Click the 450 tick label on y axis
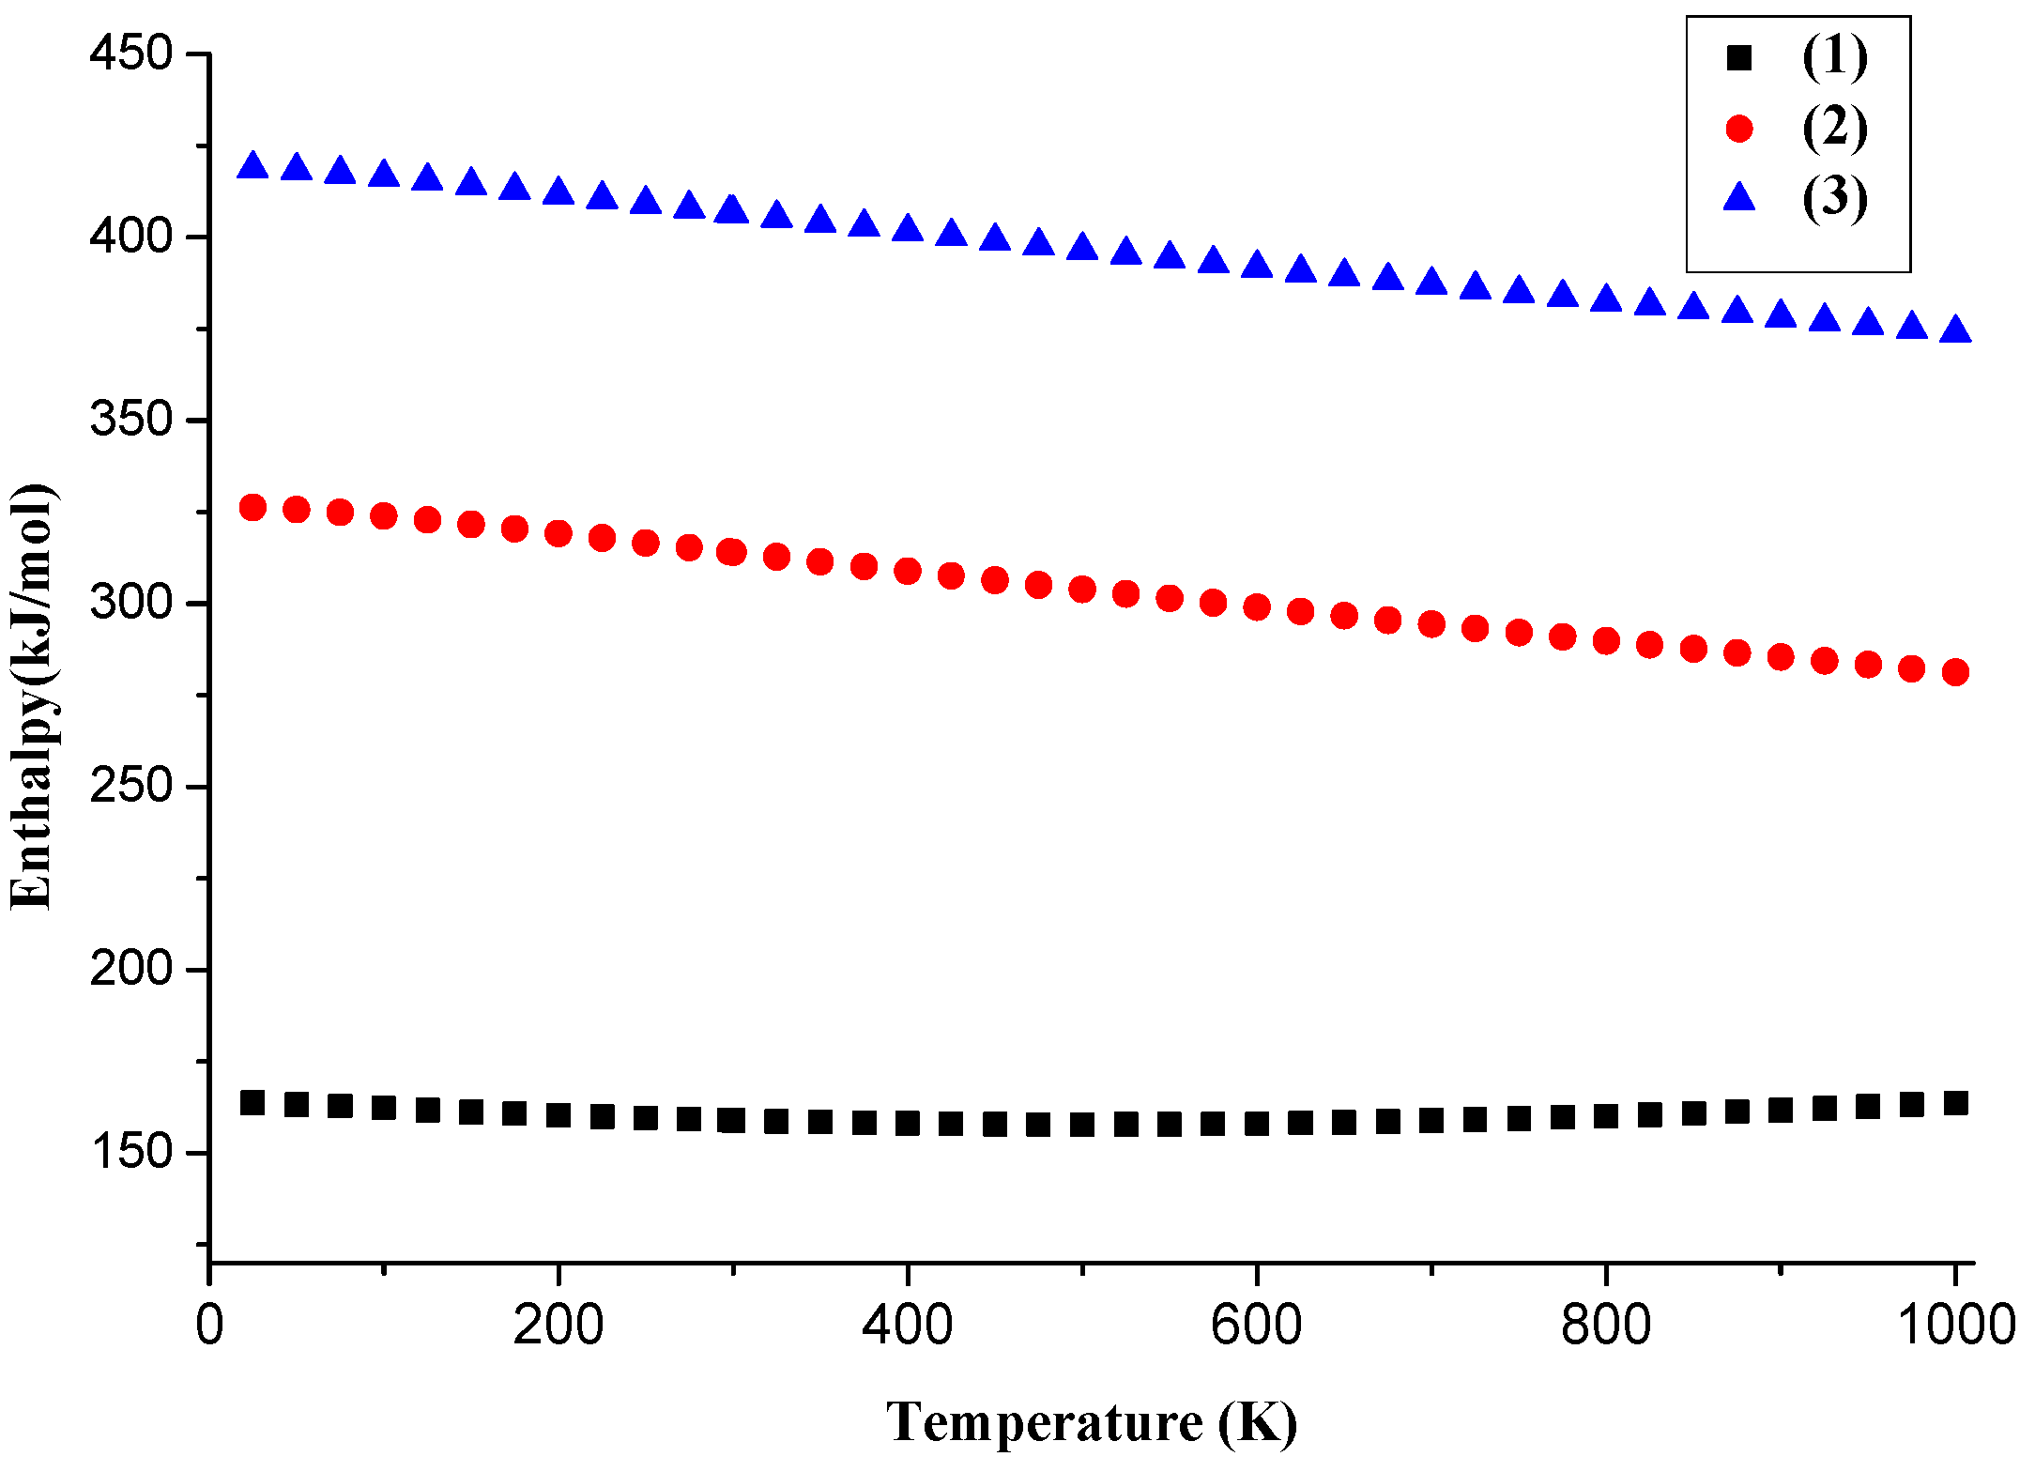click(131, 54)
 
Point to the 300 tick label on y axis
click(131, 602)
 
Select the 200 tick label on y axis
click(131, 968)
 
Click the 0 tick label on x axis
click(209, 1326)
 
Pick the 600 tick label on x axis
click(1256, 1326)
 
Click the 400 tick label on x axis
click(907, 1326)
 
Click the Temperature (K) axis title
click(1092, 1421)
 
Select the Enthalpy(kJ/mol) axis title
click(32, 697)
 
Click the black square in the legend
click(1739, 58)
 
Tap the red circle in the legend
click(1739, 129)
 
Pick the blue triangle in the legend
click(1739, 197)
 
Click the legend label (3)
click(1835, 197)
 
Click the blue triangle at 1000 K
click(1955, 330)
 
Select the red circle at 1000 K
click(1955, 672)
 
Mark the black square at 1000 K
click(1955, 1102)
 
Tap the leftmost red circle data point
click(252, 508)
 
